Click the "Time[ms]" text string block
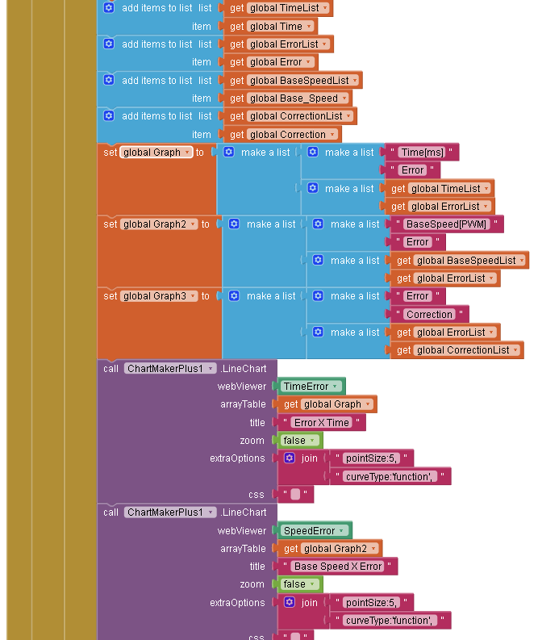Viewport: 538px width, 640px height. pyautogui.click(x=422, y=153)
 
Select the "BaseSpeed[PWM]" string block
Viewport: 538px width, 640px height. pyautogui.click(x=446, y=224)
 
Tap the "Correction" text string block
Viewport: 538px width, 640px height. pyautogui.click(x=429, y=314)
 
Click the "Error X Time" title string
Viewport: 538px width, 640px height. pyautogui.click(x=321, y=422)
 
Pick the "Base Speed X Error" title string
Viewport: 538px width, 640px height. pyautogui.click(x=337, y=566)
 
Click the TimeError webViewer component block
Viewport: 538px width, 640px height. pyautogui.click(x=311, y=386)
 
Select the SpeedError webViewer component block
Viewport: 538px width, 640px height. pyautogui.click(x=315, y=530)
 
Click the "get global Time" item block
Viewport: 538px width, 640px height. pyautogui.click(x=271, y=27)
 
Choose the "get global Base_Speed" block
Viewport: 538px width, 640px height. pyautogui.click(x=288, y=98)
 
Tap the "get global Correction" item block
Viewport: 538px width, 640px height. pyautogui.click(x=282, y=135)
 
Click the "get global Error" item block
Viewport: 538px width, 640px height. pyautogui.click(x=271, y=62)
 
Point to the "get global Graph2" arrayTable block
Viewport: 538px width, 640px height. pyautogui.click(x=330, y=549)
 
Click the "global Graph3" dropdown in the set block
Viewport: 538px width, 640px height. pyautogui.click(x=159, y=296)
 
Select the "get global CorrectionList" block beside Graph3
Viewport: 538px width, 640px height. pyautogui.click(x=457, y=350)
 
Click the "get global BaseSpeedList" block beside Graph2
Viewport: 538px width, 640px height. pyautogui.click(x=460, y=261)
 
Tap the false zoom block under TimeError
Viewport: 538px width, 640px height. pyautogui.click(x=300, y=441)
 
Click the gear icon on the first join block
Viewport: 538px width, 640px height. pyautogui.click(x=290, y=458)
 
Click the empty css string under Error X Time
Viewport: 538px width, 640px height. pyautogui.click(x=295, y=494)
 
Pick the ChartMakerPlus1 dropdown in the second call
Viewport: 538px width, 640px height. pyautogui.click(x=170, y=512)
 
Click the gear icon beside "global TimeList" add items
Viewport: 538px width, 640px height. pyautogui.click(x=109, y=8)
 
